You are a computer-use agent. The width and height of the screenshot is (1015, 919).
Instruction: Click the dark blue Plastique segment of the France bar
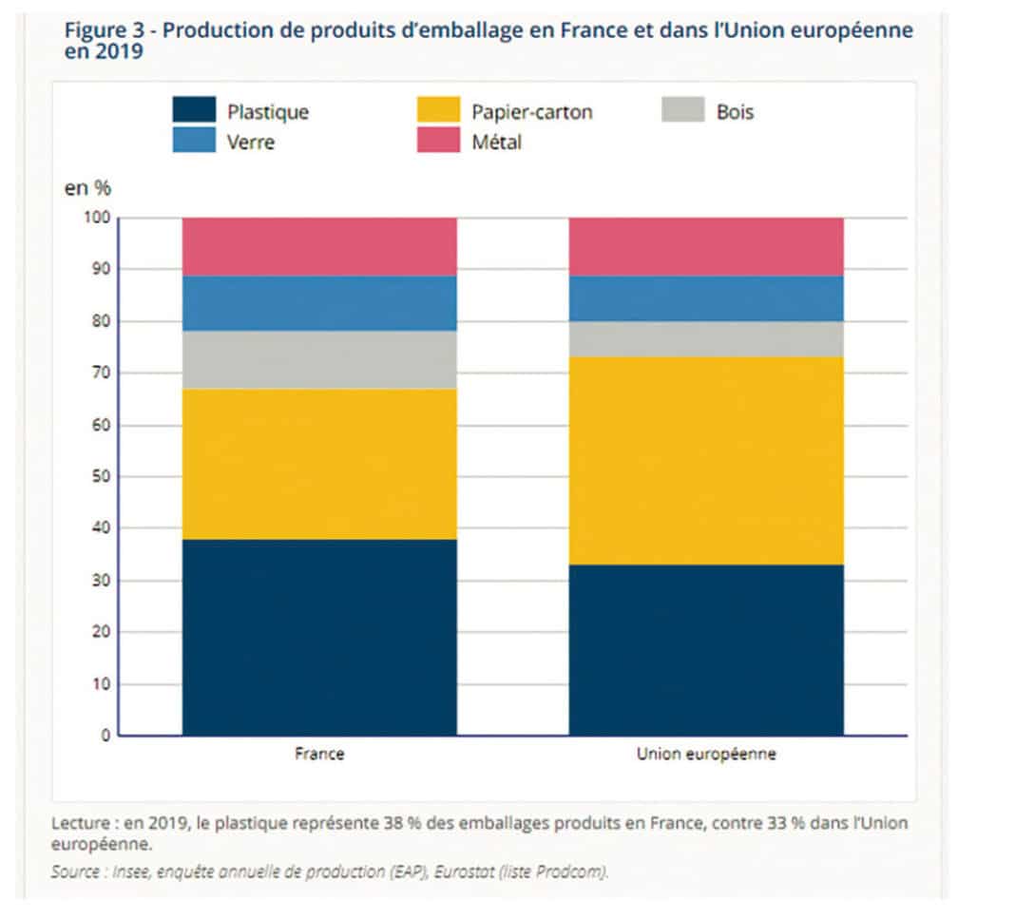(319, 638)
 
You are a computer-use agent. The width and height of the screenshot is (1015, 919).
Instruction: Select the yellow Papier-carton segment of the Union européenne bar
(705, 461)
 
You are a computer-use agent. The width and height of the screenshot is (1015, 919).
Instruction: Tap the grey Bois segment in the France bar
(319, 359)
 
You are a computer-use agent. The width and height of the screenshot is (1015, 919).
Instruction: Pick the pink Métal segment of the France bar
(319, 247)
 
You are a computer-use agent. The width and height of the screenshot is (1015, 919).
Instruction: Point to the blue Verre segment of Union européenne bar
(705, 298)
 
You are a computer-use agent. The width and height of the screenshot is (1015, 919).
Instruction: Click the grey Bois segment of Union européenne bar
(705, 339)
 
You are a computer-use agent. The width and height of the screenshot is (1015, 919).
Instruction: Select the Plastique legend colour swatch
(193, 110)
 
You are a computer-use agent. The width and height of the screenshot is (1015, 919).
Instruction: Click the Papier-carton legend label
(531, 112)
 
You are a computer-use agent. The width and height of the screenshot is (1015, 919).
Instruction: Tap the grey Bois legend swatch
(682, 110)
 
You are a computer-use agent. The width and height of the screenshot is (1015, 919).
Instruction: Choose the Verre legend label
(252, 142)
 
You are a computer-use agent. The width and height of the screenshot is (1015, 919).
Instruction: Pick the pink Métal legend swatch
(437, 141)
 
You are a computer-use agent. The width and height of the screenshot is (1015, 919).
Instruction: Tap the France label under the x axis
(319, 755)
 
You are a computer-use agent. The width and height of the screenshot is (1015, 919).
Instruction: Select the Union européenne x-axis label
(705, 755)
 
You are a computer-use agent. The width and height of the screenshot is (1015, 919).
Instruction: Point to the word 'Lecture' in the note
(80, 823)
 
